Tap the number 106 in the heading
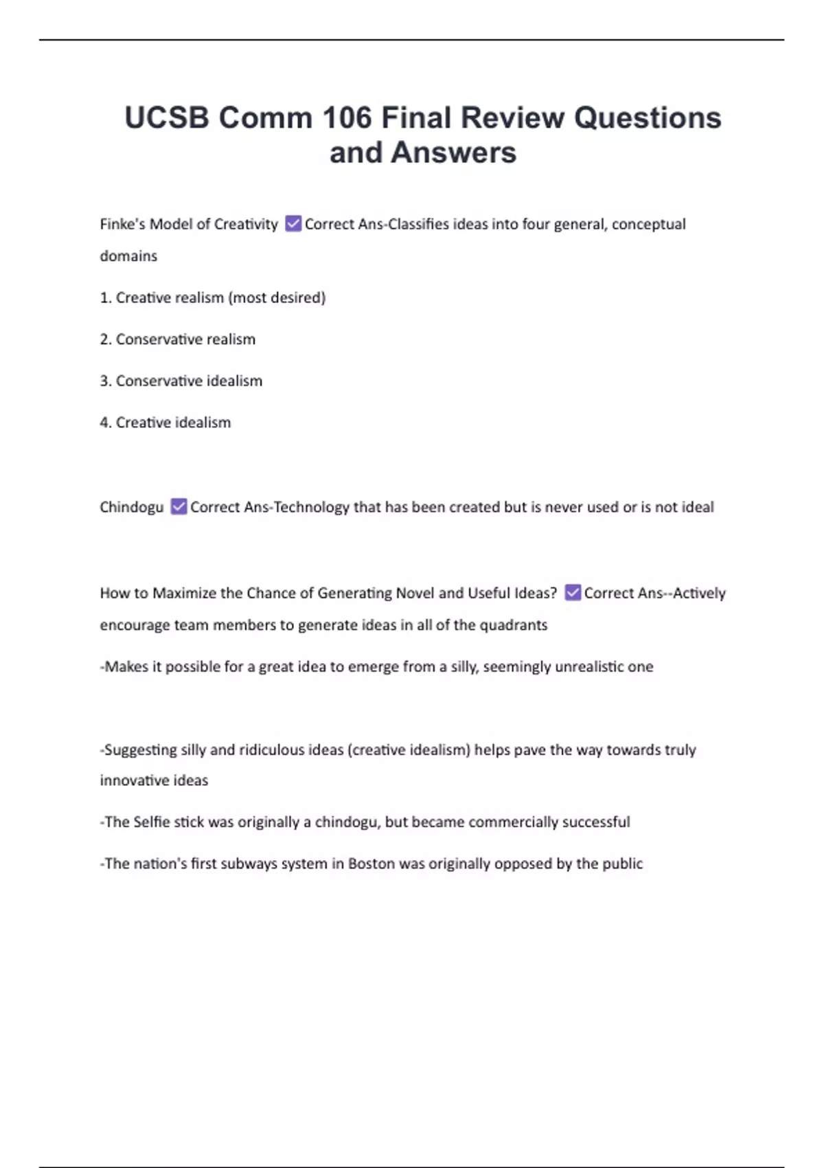coord(347,118)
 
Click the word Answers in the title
coord(453,153)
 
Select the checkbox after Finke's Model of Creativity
coord(293,224)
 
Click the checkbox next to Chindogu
coord(179,507)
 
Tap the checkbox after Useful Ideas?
coord(573,593)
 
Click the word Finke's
coord(122,224)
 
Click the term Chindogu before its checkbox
coord(131,507)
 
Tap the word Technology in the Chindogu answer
coord(312,507)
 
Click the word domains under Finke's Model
coord(128,256)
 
